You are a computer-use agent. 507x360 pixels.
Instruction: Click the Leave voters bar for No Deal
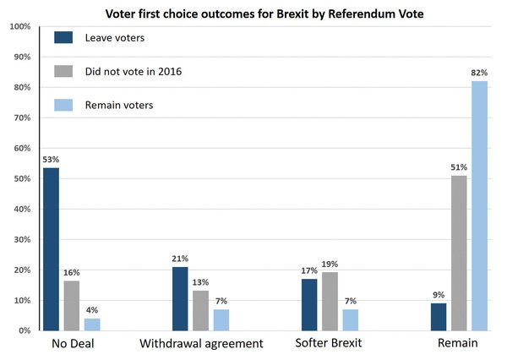click(x=51, y=249)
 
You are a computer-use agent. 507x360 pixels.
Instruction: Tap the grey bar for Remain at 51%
click(x=459, y=253)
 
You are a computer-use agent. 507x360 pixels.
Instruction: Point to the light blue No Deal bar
click(x=93, y=324)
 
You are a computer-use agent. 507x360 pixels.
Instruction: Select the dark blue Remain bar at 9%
click(x=438, y=316)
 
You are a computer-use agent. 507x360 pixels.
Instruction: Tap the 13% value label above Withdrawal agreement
click(x=201, y=281)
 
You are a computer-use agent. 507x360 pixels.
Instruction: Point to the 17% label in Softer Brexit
click(x=309, y=270)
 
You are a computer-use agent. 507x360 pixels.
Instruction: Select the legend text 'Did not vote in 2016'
click(x=134, y=71)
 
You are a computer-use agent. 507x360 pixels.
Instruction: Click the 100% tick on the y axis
click(x=19, y=27)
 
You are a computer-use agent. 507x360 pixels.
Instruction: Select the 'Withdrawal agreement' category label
click(x=200, y=345)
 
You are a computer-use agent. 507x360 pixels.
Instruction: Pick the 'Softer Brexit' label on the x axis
click(x=330, y=345)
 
